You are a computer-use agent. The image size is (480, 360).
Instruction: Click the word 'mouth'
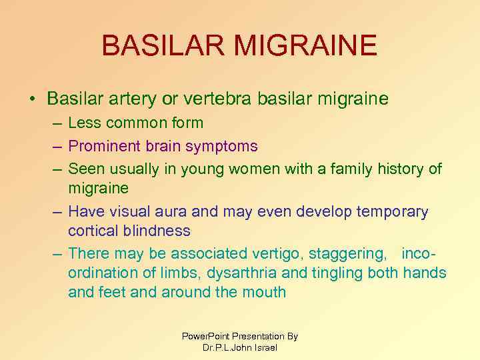[x=264, y=292]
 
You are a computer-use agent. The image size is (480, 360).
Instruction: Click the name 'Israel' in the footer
[x=265, y=347]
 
